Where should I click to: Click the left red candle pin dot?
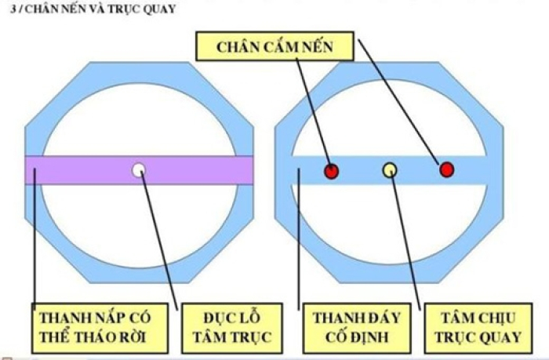[331, 170]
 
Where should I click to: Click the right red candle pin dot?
[446, 169]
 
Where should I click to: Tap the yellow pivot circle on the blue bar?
[389, 169]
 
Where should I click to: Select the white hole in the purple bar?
[139, 169]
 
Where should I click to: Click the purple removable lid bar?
[78, 169]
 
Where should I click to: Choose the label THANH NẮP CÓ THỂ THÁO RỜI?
[95, 328]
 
